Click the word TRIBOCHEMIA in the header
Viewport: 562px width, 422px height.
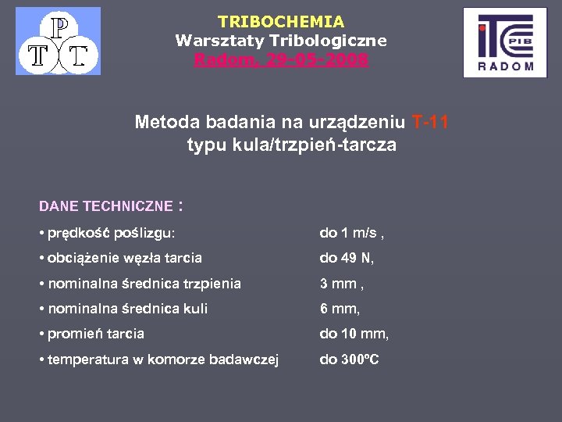281,22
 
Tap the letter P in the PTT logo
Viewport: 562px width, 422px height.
59,27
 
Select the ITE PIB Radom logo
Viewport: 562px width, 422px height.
504,42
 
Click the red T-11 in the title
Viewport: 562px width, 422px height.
429,122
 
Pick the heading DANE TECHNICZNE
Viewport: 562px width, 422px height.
105,206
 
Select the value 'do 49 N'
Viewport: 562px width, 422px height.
347,258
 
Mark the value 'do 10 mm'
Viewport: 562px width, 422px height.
354,334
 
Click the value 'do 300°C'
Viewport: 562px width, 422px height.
349,359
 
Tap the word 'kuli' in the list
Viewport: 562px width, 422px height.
194,309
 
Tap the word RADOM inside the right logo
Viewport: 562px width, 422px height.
505,66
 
